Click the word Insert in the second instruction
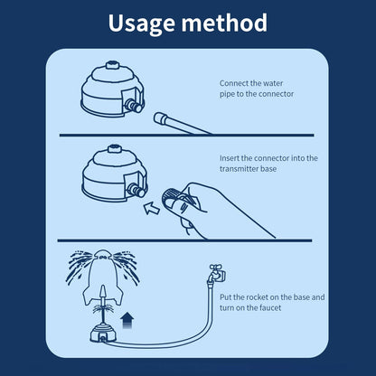click(230, 158)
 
